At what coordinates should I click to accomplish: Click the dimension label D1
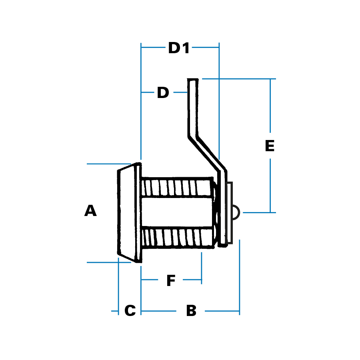pyautogui.click(x=179, y=48)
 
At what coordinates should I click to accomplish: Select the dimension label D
pyautogui.click(x=163, y=92)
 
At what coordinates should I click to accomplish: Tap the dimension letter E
pyautogui.click(x=270, y=146)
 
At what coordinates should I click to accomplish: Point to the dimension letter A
pyautogui.click(x=90, y=210)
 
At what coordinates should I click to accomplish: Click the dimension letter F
pyautogui.click(x=171, y=280)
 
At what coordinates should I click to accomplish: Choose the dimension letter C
pyautogui.click(x=130, y=311)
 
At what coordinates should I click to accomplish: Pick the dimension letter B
pyautogui.click(x=191, y=311)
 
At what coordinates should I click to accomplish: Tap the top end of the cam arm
pyautogui.click(x=193, y=80)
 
